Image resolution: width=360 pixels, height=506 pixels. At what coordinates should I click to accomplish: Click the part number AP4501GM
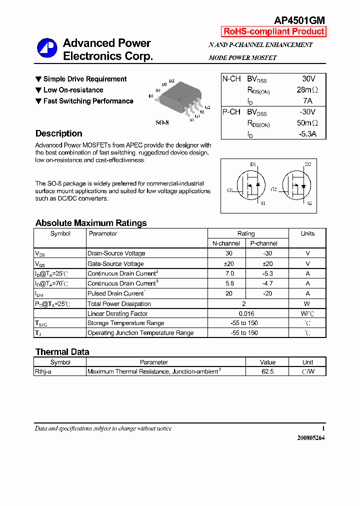click(x=299, y=20)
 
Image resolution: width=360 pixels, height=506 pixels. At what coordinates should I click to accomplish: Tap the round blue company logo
click(x=47, y=48)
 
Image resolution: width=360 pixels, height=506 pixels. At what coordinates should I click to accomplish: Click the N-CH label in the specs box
click(x=231, y=79)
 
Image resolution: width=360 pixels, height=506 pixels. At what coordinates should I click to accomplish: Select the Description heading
click(x=58, y=133)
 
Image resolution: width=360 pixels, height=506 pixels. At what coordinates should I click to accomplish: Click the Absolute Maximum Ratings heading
click(x=91, y=223)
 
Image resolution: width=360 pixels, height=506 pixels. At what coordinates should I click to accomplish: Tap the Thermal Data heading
click(x=62, y=352)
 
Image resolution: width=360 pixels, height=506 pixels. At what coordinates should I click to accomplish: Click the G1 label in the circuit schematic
click(x=230, y=190)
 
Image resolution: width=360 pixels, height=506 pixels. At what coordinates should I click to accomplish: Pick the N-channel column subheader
click(x=226, y=243)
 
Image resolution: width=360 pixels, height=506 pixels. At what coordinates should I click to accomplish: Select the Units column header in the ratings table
click(x=307, y=233)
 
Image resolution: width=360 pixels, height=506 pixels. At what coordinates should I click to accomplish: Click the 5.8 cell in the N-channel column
click(x=229, y=283)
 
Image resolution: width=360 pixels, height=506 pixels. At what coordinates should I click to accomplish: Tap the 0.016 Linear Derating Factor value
click(x=246, y=313)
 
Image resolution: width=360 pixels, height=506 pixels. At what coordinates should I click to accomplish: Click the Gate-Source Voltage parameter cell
click(x=115, y=263)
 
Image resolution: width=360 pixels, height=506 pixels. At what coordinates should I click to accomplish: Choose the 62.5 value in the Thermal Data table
click(x=267, y=371)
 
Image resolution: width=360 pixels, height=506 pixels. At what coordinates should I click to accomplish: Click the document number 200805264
click(x=311, y=438)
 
